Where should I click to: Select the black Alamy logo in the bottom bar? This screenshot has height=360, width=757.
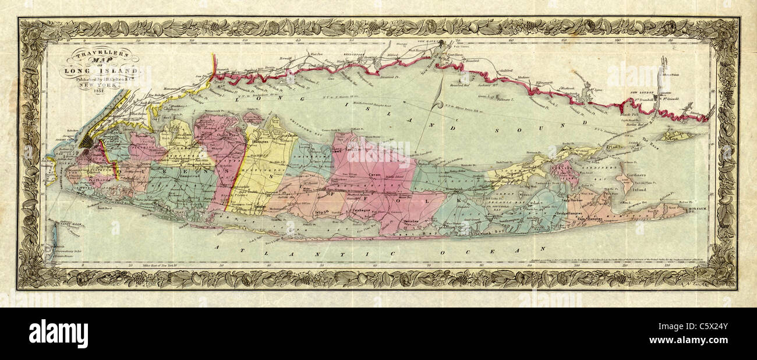point(58,334)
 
